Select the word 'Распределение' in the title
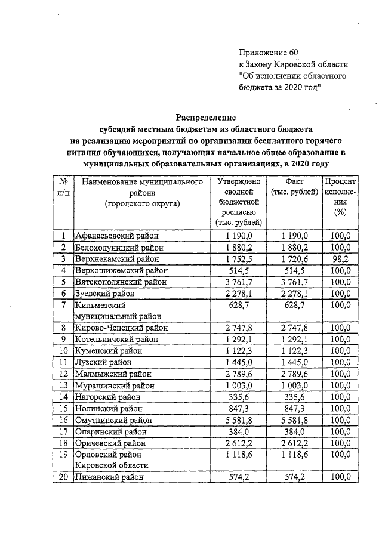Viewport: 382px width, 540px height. coord(206,118)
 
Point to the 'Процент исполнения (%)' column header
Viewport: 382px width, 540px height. coord(340,197)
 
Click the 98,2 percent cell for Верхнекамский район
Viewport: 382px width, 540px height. coord(340,258)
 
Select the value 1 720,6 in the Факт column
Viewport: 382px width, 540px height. coord(295,258)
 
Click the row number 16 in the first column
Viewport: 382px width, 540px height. coord(63,419)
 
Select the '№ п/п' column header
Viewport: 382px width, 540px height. coord(63,187)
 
